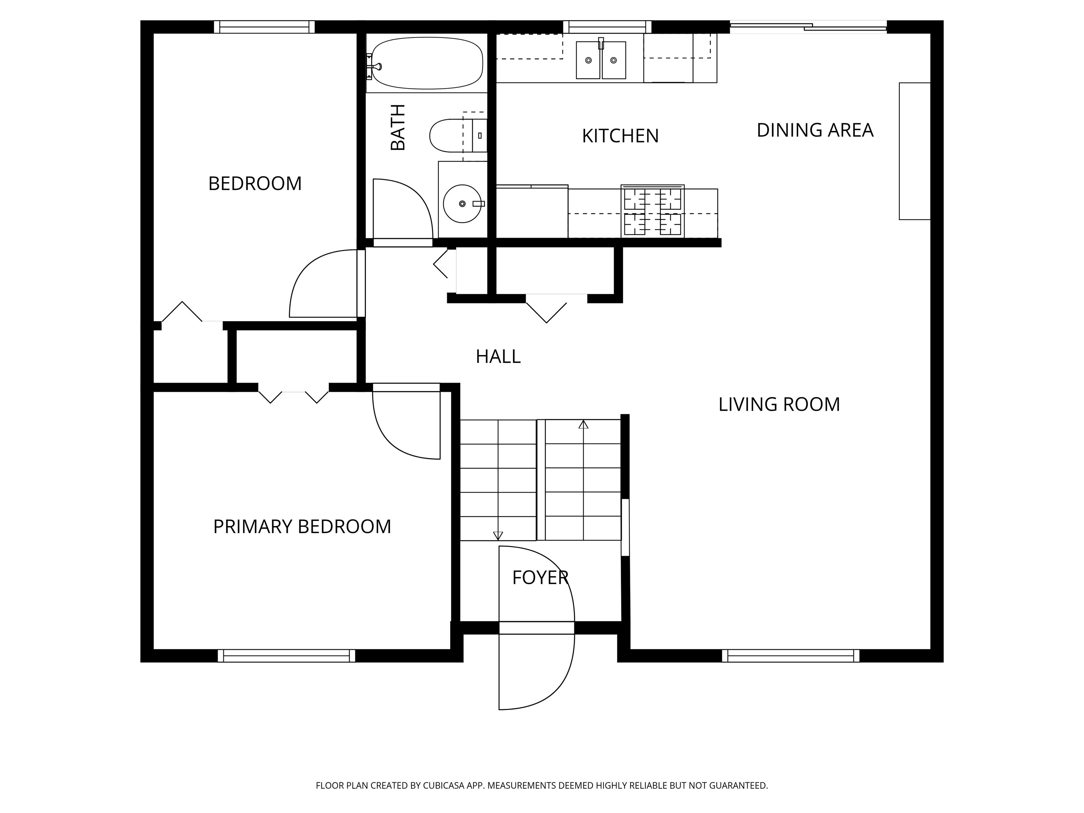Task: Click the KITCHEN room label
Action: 620,136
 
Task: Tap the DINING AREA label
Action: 815,130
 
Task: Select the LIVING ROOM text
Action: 779,405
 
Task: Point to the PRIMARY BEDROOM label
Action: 302,527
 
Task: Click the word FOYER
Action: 540,578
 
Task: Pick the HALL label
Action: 498,357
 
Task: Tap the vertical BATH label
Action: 398,127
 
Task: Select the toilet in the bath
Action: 458,135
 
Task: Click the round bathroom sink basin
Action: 462,203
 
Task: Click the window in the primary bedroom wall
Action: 286,656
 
